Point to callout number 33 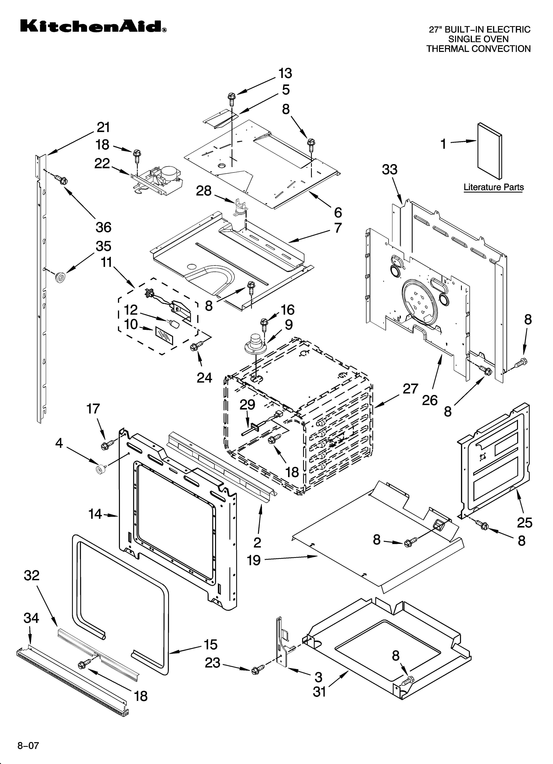coord(390,170)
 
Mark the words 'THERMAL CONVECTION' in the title coord(478,49)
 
